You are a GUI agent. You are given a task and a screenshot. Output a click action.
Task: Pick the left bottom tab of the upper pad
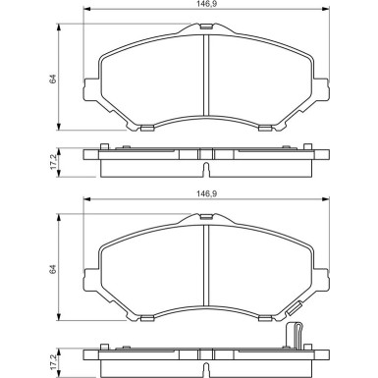tap(144, 127)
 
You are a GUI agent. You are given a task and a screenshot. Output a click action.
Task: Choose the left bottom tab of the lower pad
tap(144, 317)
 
